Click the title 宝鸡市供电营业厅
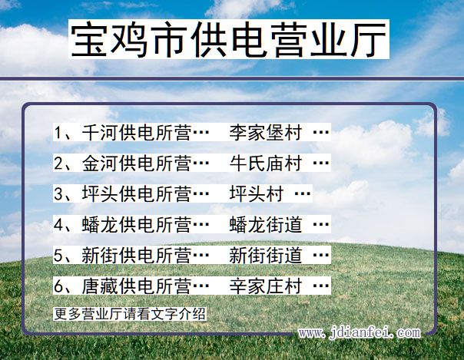pyautogui.click(x=229, y=40)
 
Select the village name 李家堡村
pyautogui.click(x=265, y=132)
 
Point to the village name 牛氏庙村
pyautogui.click(x=265, y=163)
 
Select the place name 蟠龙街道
pyautogui.click(x=265, y=224)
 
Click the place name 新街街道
pyautogui.click(x=265, y=255)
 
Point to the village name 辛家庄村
pyautogui.click(x=265, y=286)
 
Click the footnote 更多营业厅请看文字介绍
pyautogui.click(x=130, y=313)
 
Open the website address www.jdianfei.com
pyautogui.click(x=360, y=333)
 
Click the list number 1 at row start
pyautogui.click(x=58, y=132)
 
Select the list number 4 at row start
pyautogui.click(x=58, y=224)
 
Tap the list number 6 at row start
pyautogui.click(x=58, y=286)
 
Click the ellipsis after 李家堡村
pyautogui.click(x=320, y=132)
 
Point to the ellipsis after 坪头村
pyautogui.click(x=303, y=193)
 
